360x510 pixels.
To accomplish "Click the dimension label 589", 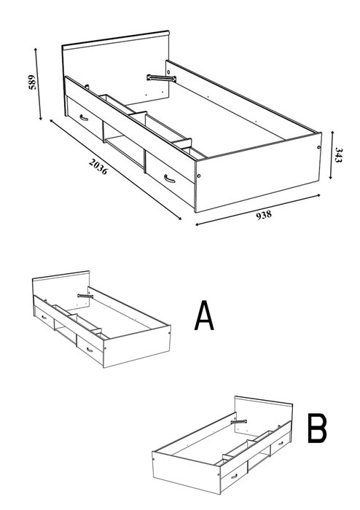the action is (32, 82).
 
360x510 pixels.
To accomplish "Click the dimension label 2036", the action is (98, 166).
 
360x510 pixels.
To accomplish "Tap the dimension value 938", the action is (264, 215).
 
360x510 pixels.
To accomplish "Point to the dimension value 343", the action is (339, 155).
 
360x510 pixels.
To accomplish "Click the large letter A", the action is (204, 315).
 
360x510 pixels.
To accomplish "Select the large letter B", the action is (317, 428).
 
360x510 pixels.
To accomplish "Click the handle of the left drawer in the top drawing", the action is (84, 117).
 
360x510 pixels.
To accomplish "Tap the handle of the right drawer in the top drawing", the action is (169, 178).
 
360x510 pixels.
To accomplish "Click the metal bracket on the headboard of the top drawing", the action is (161, 78).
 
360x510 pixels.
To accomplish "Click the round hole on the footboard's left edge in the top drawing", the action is (199, 176).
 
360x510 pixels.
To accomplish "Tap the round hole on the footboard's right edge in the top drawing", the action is (318, 147).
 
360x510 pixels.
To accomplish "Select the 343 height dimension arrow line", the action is (332, 155).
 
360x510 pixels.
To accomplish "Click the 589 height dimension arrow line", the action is (38, 84).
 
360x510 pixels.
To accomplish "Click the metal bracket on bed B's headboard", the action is (239, 422).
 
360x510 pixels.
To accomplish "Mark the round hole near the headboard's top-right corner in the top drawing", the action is (168, 71).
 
